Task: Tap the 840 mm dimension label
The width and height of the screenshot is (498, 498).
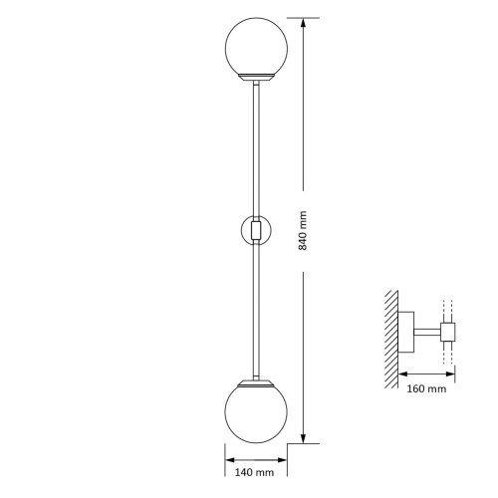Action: click(303, 230)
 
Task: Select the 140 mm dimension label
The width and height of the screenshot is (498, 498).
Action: click(254, 472)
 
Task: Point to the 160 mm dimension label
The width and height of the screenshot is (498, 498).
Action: click(426, 388)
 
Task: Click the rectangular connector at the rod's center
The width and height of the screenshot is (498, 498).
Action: click(256, 230)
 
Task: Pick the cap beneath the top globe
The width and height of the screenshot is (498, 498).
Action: click(257, 78)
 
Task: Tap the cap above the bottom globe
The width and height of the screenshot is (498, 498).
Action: click(256, 383)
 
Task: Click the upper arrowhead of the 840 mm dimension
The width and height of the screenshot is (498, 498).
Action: click(303, 23)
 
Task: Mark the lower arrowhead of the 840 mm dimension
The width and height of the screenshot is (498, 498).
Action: click(303, 438)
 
